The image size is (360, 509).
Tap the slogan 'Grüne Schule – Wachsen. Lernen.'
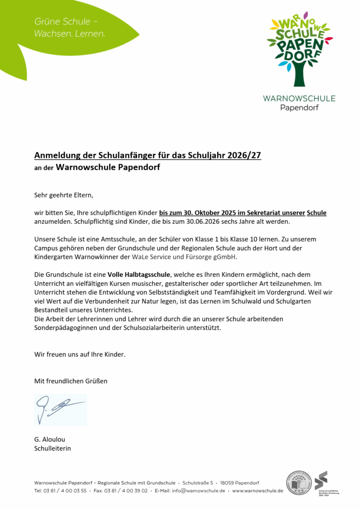point(70,28)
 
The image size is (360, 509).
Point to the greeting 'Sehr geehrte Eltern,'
point(63,195)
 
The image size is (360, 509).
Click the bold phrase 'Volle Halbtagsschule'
point(139,274)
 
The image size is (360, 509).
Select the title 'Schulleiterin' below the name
point(53,448)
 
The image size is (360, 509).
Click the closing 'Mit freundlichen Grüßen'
point(71,381)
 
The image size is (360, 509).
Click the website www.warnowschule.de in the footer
point(257,491)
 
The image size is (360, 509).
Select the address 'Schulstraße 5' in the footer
point(198,482)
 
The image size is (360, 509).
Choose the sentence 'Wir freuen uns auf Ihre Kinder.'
point(80,354)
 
